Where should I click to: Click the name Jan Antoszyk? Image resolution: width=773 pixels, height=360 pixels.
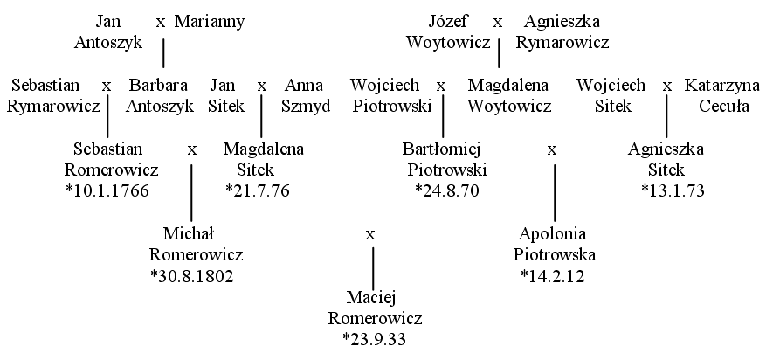[x=108, y=32]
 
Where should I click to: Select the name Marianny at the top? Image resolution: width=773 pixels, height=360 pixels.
[x=210, y=22]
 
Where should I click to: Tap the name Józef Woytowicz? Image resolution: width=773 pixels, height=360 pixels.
[x=448, y=32]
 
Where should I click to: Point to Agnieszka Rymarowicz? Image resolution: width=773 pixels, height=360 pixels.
[x=562, y=32]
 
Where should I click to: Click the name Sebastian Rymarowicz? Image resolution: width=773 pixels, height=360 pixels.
[x=52, y=95]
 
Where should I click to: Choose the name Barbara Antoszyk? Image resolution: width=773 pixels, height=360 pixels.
[x=159, y=95]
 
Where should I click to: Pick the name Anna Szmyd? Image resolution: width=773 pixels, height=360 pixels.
[x=306, y=95]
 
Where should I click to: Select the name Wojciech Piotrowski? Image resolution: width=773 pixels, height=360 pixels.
[x=391, y=95]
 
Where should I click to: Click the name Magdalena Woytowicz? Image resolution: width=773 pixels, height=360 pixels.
[x=508, y=95]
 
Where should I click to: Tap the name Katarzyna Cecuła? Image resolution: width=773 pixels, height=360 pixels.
[x=722, y=95]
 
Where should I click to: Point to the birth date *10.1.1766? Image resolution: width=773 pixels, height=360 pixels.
[x=107, y=190]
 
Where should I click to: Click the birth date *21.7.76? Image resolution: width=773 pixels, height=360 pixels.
[x=258, y=190]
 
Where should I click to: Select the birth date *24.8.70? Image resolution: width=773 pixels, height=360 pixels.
[x=447, y=190]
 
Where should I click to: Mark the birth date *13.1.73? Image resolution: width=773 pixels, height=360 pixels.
[x=673, y=190]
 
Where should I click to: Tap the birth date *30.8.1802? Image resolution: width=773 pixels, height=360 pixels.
[x=192, y=276]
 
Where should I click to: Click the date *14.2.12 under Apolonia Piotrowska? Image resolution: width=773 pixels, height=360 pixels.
[x=553, y=276]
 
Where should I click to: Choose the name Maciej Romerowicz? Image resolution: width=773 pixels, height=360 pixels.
[x=375, y=308]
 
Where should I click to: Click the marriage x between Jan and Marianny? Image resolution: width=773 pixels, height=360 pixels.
[x=161, y=23]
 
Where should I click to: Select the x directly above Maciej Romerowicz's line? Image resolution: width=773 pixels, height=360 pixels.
[x=370, y=235]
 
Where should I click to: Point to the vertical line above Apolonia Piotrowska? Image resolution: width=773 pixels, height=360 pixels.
[x=555, y=193]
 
